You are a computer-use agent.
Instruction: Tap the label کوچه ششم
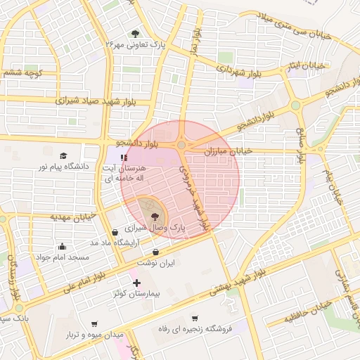25,72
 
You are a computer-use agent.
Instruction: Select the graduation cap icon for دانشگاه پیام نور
63,155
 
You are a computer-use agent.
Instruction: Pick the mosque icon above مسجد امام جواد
63,246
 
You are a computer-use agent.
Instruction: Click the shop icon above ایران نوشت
155,252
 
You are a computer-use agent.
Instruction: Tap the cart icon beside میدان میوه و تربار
94,324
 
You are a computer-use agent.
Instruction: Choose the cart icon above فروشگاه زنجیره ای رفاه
194,318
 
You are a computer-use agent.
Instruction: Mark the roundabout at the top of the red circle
181,145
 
